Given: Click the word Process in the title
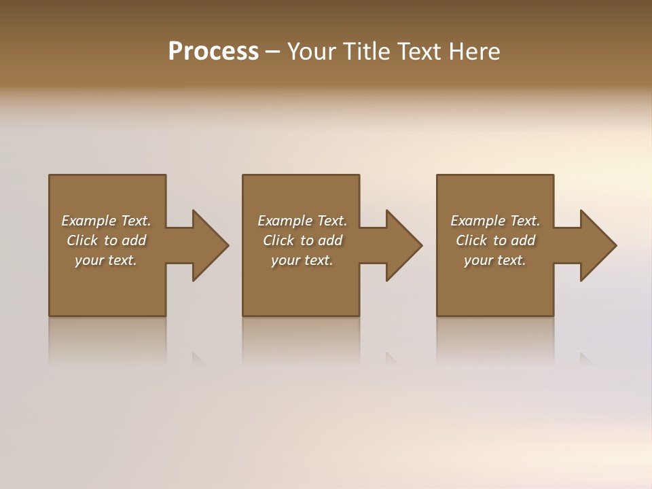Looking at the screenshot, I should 213,52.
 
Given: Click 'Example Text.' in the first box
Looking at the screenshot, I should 106,221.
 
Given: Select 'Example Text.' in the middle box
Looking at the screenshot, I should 302,221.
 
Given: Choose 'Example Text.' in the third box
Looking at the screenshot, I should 495,221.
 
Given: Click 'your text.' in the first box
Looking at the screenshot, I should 106,260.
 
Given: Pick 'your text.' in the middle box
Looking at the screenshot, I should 302,260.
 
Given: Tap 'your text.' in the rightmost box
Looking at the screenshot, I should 495,260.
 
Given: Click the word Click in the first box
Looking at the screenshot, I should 82,240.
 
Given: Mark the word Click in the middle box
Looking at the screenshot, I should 278,240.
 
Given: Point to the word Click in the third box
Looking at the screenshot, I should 471,240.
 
